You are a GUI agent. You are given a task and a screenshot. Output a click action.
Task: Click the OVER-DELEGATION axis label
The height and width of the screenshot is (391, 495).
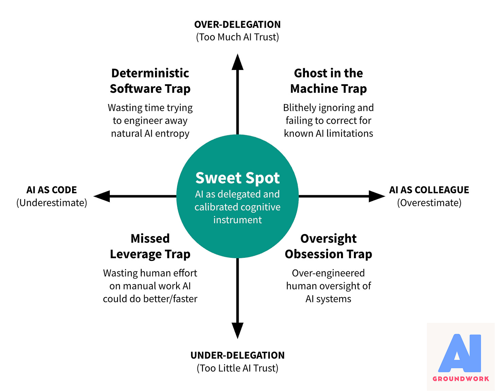click(237, 24)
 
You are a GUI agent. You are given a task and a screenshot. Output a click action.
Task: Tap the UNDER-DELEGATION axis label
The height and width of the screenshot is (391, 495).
click(237, 355)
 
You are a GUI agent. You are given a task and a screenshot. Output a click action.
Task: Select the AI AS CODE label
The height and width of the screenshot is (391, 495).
click(52, 190)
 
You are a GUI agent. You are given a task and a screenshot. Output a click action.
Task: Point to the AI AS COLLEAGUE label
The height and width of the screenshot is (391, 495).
click(429, 190)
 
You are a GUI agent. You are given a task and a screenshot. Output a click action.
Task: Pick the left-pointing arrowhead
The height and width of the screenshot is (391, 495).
click(102, 196)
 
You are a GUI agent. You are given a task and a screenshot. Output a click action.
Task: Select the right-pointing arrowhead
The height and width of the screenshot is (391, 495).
click(377, 196)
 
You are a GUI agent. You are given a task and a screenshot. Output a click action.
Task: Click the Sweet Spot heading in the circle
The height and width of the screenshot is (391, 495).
click(237, 178)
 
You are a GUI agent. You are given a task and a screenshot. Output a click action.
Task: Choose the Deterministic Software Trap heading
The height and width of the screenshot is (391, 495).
click(150, 81)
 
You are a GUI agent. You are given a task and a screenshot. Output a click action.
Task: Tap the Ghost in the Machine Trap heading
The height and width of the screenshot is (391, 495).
click(328, 81)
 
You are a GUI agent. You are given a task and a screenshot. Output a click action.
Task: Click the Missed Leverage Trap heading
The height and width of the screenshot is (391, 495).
click(150, 246)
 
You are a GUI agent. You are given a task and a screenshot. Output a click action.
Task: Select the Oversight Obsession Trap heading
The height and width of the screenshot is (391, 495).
click(328, 246)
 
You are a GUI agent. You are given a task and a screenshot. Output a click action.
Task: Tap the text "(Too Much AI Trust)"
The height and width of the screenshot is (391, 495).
click(237, 37)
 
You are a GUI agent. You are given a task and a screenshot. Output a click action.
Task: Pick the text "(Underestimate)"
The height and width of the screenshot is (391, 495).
click(52, 203)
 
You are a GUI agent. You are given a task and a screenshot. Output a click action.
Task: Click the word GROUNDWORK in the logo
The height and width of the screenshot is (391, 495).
click(461, 379)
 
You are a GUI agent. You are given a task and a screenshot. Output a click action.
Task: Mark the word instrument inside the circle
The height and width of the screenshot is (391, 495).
click(237, 220)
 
